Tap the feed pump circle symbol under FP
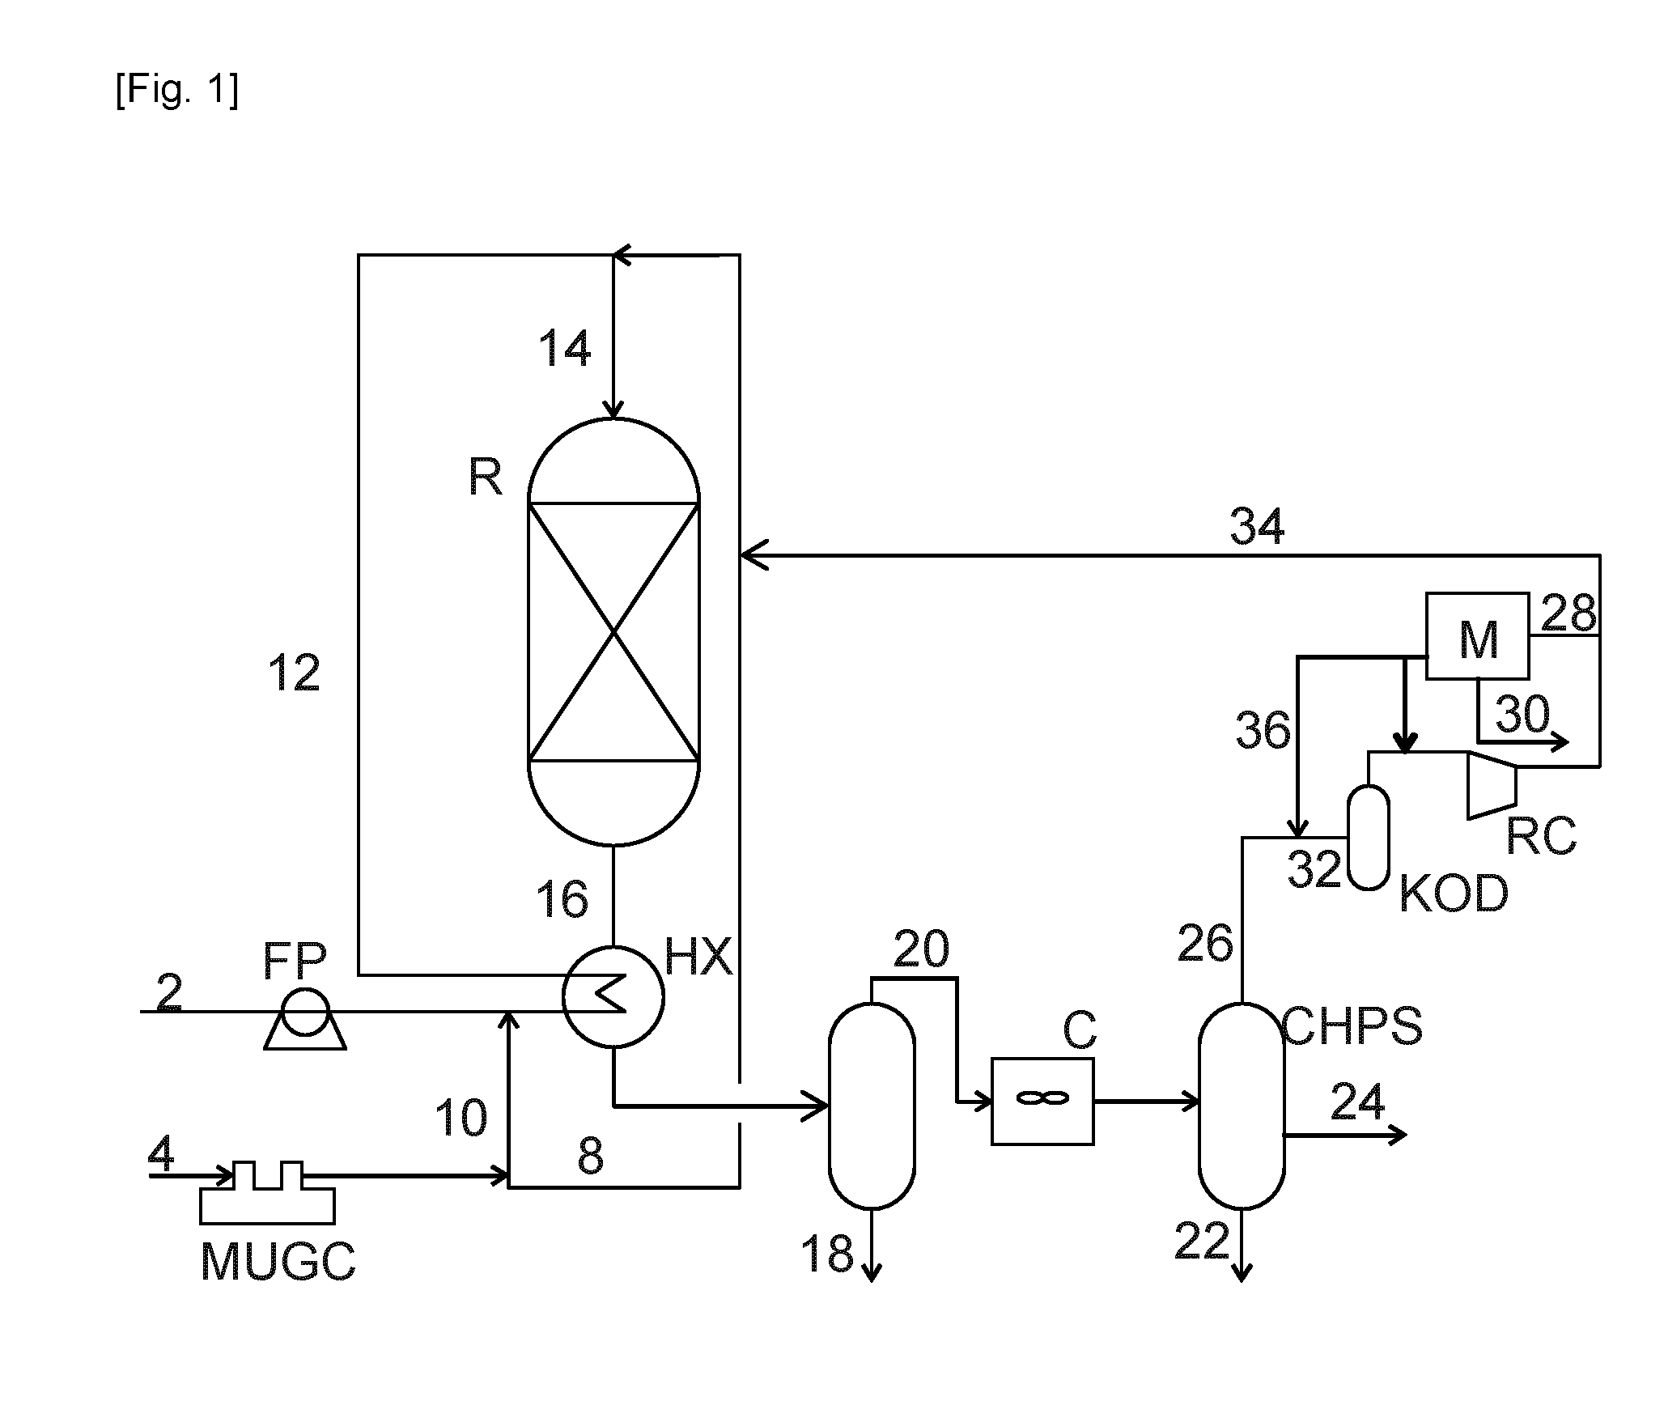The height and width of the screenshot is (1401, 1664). [305, 1012]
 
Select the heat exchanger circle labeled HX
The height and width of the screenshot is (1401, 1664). [613, 997]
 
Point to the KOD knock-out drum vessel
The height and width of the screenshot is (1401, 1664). [1369, 837]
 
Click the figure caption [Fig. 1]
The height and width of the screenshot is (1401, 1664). [177, 90]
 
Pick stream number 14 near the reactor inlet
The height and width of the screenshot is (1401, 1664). [565, 350]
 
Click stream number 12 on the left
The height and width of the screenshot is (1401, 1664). [295, 673]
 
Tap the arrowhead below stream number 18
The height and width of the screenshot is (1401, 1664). [872, 1273]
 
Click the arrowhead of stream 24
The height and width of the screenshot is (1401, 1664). [1398, 1136]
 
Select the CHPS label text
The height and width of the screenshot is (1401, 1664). [1353, 1026]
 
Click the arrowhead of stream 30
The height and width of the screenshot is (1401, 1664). [1560, 741]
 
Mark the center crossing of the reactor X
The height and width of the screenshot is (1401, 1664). [613, 632]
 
